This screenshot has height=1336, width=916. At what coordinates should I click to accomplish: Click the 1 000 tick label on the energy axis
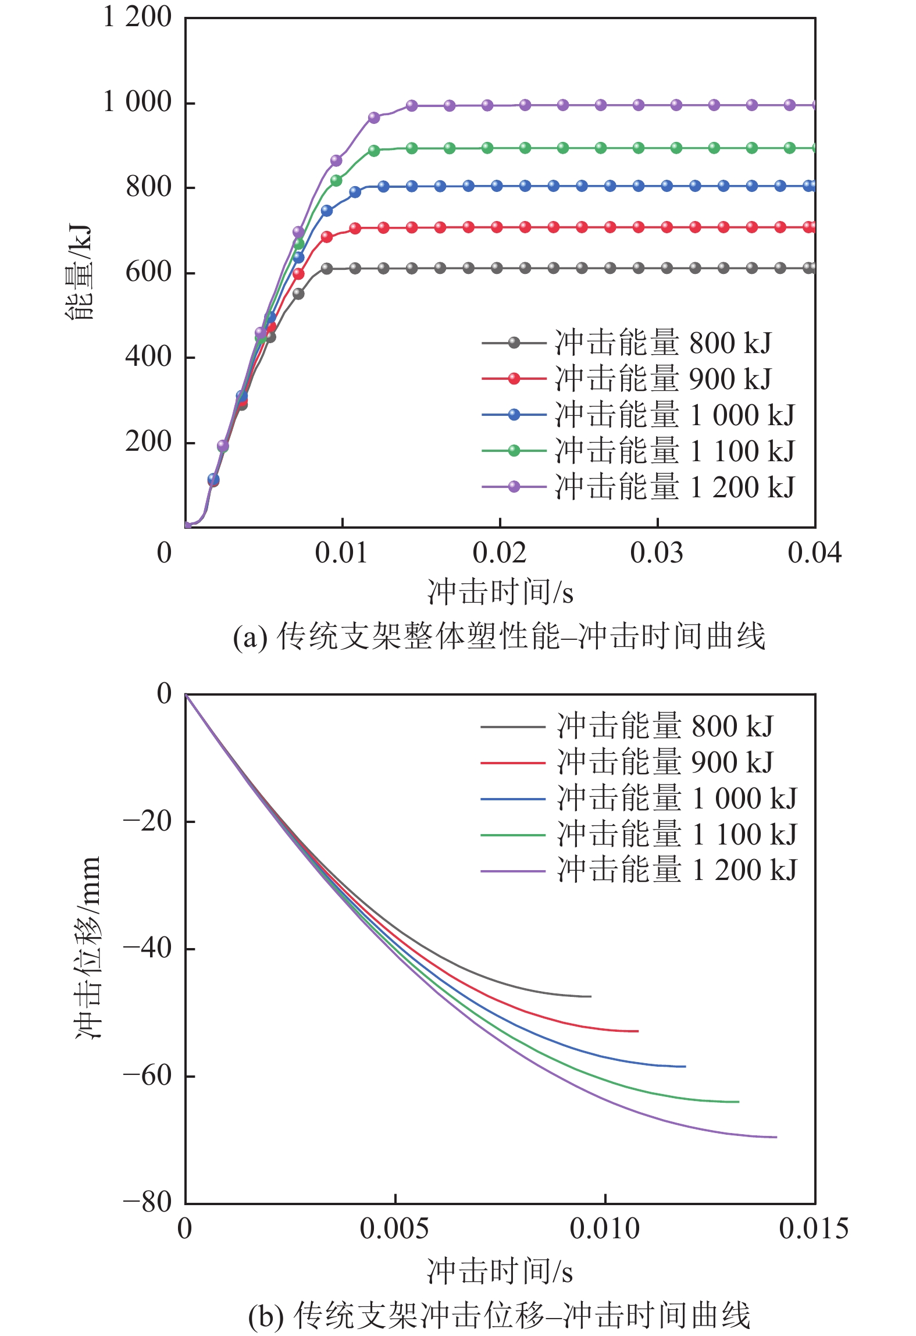[137, 102]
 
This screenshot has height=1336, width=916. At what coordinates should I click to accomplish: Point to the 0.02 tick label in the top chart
[499, 553]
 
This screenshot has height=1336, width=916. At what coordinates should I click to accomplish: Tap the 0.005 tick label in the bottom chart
[394, 1228]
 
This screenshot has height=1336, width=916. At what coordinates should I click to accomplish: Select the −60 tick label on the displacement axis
[148, 1076]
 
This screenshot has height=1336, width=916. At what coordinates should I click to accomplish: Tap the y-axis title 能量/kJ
[79, 272]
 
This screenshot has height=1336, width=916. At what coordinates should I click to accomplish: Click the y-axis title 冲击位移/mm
[88, 948]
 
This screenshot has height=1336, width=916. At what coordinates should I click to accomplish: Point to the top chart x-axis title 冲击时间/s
[500, 592]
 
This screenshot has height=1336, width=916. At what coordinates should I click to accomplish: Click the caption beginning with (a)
[499, 636]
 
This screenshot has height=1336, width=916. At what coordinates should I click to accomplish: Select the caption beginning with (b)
[499, 1316]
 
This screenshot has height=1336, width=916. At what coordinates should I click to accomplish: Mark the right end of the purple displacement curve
[776, 1137]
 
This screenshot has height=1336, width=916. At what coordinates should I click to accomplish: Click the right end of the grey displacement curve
[590, 996]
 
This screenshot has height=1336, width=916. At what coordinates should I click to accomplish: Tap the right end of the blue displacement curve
[685, 1066]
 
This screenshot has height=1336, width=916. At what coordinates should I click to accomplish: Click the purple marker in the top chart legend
[514, 487]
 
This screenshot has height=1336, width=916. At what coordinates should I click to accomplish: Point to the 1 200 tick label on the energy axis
[137, 17]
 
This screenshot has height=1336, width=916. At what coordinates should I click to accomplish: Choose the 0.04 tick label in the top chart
[814, 553]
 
